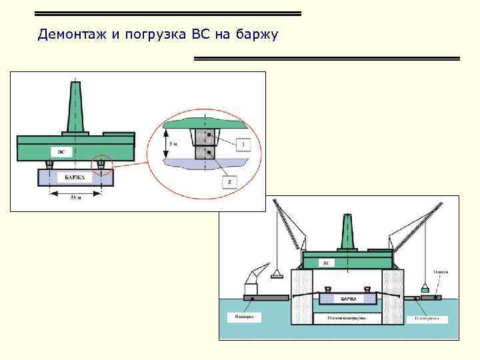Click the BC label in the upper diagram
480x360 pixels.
pyautogui.click(x=61, y=153)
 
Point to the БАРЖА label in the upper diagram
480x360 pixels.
pyautogui.click(x=75, y=177)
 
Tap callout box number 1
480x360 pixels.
pyautogui.click(x=243, y=143)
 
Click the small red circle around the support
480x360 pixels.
pyautogui.click(x=101, y=163)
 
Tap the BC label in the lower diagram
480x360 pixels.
pyautogui.click(x=326, y=263)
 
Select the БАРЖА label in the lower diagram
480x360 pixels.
pyautogui.click(x=349, y=299)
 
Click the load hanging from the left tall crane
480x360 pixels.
pyautogui.click(x=277, y=273)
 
